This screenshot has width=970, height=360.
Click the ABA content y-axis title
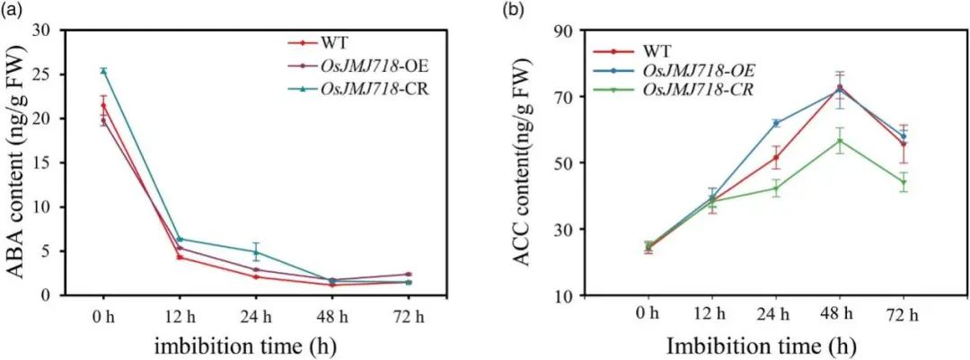click(16, 162)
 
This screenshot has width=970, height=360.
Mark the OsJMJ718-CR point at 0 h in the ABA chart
click(103, 71)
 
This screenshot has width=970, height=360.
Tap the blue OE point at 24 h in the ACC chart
click(776, 123)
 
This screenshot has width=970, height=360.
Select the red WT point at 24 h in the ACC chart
click(776, 157)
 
